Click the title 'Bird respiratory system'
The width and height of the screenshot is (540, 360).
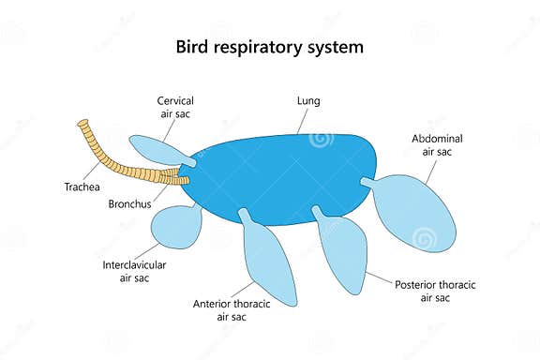[270, 46]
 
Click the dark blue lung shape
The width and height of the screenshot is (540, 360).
[281, 178]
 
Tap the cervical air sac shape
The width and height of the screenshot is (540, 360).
[155, 149]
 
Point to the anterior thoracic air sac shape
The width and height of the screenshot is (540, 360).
[271, 262]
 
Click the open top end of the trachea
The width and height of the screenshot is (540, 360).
[82, 124]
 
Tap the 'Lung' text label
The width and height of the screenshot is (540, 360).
[308, 99]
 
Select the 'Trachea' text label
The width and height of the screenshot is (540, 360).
[82, 185]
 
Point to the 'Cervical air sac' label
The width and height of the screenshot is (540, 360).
[176, 106]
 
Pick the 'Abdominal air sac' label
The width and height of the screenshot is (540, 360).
[437, 145]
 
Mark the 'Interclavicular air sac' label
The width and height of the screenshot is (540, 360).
[134, 271]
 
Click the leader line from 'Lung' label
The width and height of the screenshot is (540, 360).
[301, 122]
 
